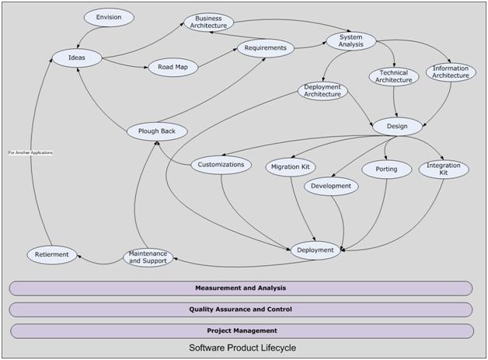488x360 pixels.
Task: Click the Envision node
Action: [x=109, y=17]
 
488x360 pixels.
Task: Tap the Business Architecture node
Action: [x=208, y=22]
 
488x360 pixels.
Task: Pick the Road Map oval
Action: [x=173, y=68]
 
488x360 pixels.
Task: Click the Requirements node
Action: [x=265, y=48]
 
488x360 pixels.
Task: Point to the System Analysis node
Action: [x=350, y=40]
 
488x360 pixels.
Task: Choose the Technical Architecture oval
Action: [x=393, y=76]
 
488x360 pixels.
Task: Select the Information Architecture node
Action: [x=451, y=72]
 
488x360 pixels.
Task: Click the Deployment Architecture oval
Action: [x=322, y=90]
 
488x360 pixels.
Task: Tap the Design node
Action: [x=397, y=126]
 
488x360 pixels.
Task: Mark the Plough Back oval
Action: [x=158, y=131]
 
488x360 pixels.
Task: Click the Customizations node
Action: [x=221, y=165]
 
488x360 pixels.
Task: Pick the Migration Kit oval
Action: [x=291, y=167]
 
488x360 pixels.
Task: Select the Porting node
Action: [x=386, y=170]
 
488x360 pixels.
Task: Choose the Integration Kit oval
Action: [x=444, y=169]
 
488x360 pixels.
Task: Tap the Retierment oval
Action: [x=52, y=254]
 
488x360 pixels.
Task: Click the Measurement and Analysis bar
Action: [x=241, y=288]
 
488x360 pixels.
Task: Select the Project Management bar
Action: [x=242, y=331]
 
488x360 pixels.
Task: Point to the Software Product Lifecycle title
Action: [x=242, y=348]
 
